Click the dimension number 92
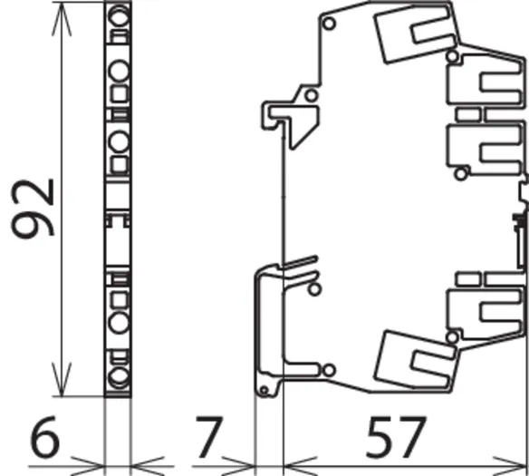(x=33, y=209)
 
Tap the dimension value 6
(x=45, y=436)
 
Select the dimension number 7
(x=209, y=437)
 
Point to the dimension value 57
(x=396, y=436)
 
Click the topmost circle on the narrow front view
(x=119, y=16)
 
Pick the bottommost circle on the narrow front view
(x=119, y=378)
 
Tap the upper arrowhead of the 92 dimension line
(x=62, y=18)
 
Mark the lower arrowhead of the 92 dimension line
(x=62, y=379)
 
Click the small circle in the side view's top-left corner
(x=329, y=24)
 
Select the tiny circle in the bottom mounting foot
(x=264, y=391)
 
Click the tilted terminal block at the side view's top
(x=417, y=33)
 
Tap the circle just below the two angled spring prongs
(x=314, y=289)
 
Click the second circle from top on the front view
(x=119, y=71)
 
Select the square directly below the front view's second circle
(x=120, y=94)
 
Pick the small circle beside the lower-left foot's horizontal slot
(x=329, y=370)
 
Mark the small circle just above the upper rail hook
(x=311, y=95)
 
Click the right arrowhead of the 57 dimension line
(x=510, y=467)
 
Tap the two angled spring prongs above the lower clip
(x=300, y=268)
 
